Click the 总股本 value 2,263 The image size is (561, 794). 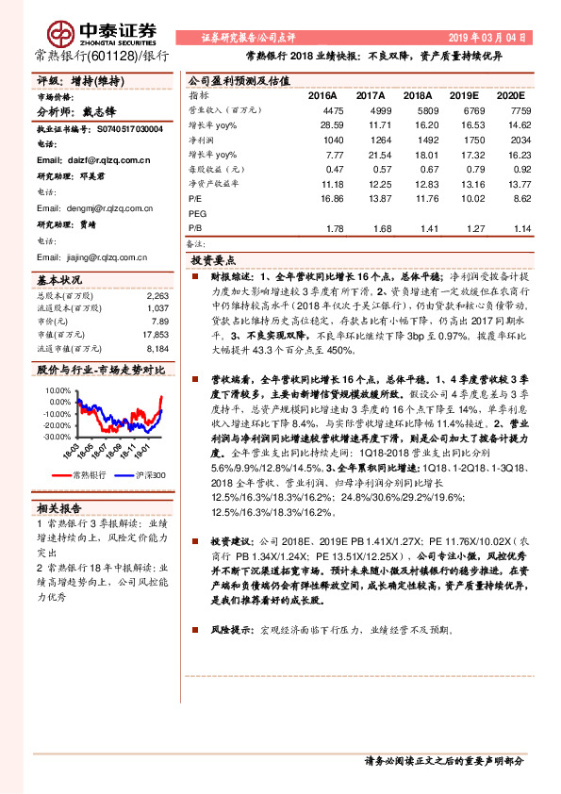pos(157,295)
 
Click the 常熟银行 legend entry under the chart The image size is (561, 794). pos(91,474)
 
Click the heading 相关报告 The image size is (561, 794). pos(59,507)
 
